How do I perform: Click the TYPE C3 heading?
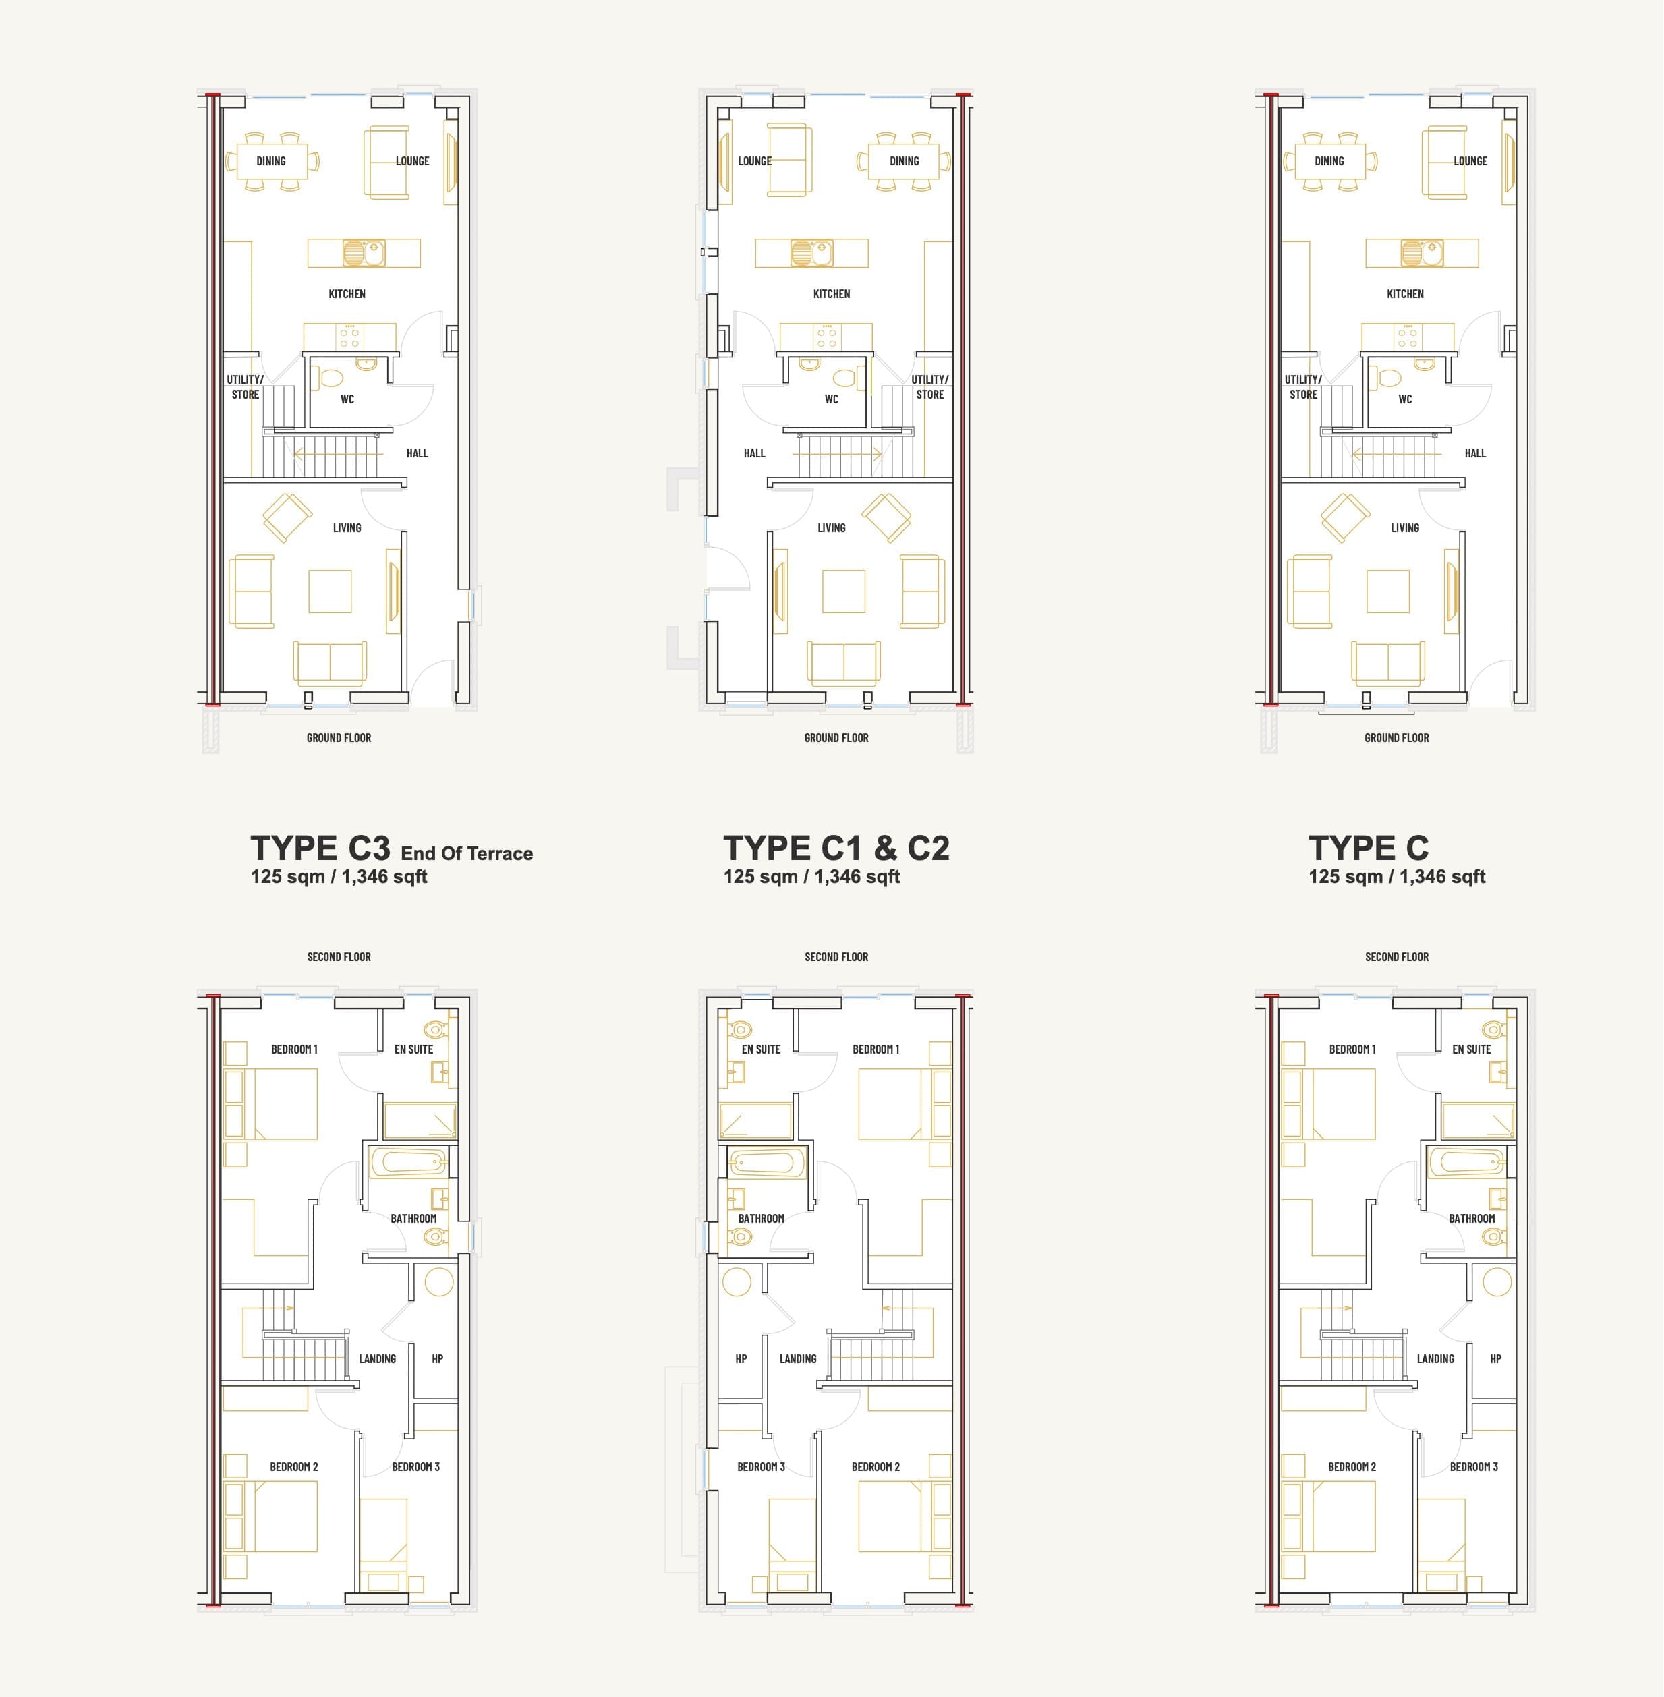tap(320, 848)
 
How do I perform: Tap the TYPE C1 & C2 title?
tap(836, 848)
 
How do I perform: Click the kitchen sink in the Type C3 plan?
tap(364, 254)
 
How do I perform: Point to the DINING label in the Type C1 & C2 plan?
tap(905, 161)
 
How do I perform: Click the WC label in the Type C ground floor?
tap(1405, 399)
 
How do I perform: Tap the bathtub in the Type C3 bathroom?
tap(408, 1161)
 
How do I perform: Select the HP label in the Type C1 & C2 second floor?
tap(741, 1359)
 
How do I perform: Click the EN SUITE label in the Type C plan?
tap(1472, 1049)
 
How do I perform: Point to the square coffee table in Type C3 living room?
tap(331, 592)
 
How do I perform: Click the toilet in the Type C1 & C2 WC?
tap(843, 378)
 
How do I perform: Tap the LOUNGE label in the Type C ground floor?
tap(1471, 161)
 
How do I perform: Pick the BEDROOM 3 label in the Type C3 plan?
tap(416, 1467)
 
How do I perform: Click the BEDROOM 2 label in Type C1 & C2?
tap(876, 1467)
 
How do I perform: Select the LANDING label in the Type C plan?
tap(1436, 1359)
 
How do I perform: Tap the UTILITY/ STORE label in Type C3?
tap(246, 387)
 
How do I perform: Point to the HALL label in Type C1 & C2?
tap(754, 453)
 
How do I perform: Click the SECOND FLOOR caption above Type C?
tap(1397, 957)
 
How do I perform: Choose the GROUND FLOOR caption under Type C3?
tap(339, 737)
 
